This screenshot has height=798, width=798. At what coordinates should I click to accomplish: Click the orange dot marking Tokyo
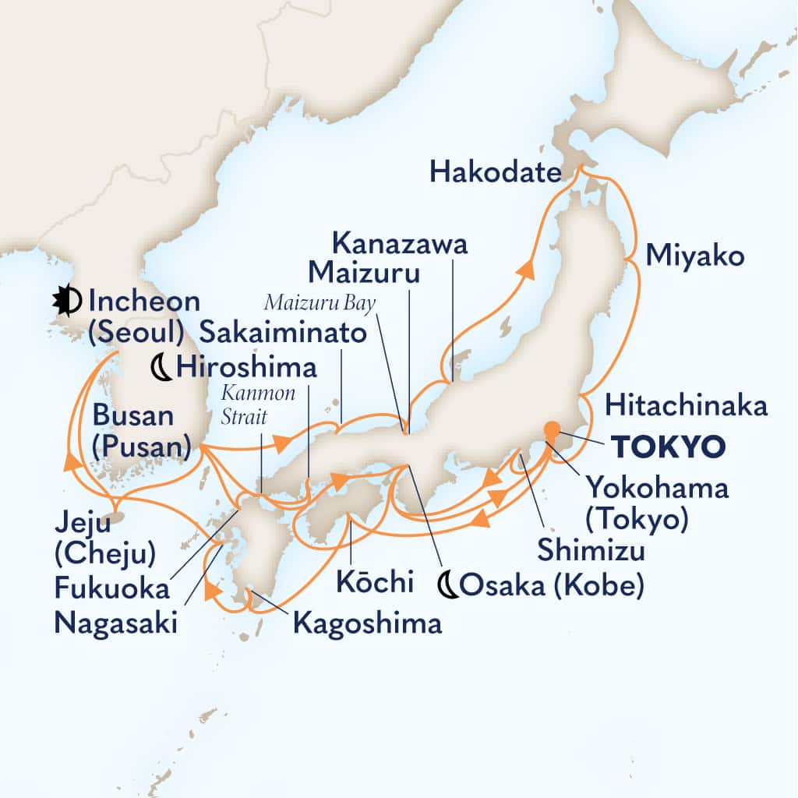[x=551, y=428]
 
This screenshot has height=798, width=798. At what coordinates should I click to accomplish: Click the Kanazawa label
[x=400, y=244]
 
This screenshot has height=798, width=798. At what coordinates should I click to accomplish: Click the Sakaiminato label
[x=282, y=334]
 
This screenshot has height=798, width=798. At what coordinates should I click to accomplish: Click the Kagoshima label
[x=368, y=622]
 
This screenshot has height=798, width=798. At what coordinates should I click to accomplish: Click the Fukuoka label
[x=111, y=588]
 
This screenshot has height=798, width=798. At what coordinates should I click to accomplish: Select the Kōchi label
[x=368, y=581]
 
